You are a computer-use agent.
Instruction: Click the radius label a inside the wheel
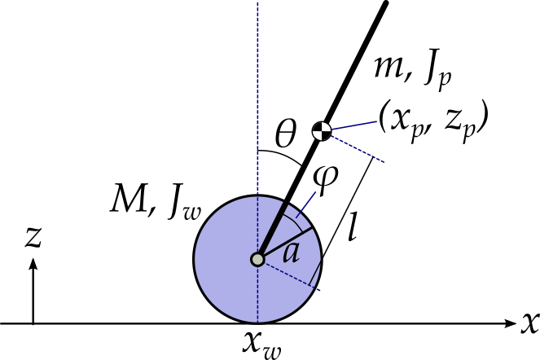click(292, 251)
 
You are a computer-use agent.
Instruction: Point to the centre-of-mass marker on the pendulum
click(323, 130)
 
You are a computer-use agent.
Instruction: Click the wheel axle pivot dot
click(258, 260)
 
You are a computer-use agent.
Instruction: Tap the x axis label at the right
click(529, 323)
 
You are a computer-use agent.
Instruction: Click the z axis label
click(33, 235)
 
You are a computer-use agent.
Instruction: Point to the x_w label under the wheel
click(261, 342)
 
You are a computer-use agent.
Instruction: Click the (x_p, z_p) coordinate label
click(432, 121)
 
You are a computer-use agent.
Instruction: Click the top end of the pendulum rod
click(384, 4)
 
